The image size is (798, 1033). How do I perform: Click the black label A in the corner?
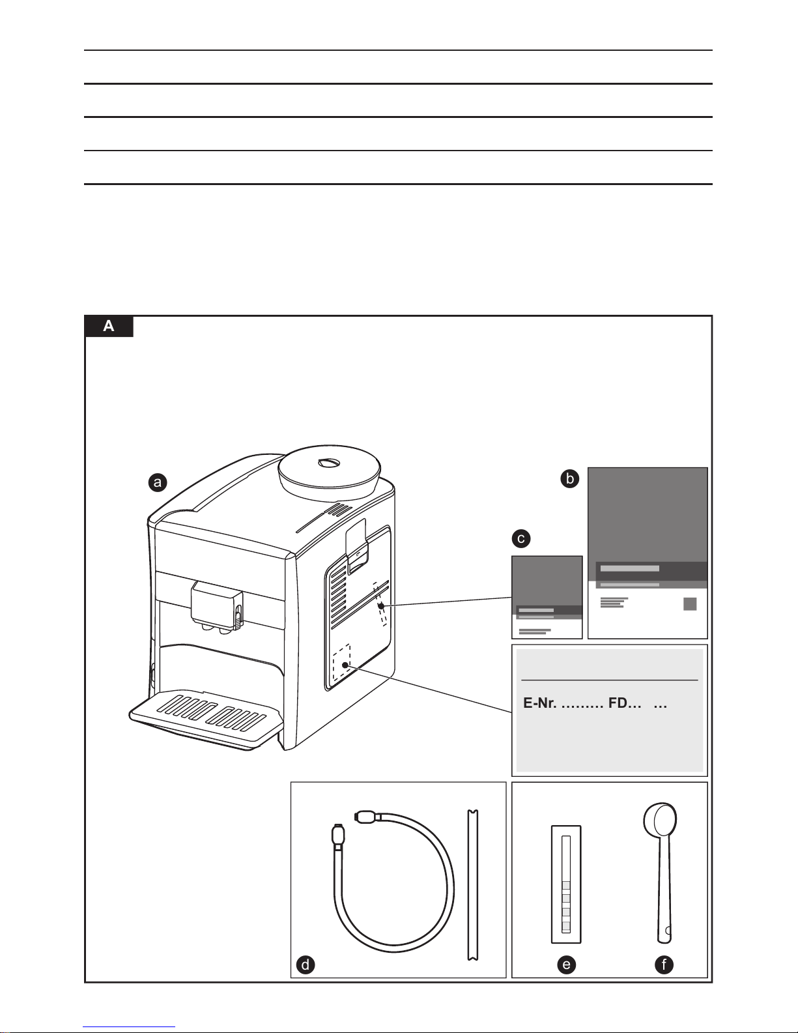point(109,326)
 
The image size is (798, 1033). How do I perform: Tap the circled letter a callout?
point(156,482)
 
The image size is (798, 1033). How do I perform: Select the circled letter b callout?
point(570,479)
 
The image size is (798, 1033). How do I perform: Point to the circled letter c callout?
point(520,539)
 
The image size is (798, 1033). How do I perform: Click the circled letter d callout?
point(305,965)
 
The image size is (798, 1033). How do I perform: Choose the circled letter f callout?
point(664,965)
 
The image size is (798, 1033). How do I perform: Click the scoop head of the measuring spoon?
point(660,822)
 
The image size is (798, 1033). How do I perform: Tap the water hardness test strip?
point(566,884)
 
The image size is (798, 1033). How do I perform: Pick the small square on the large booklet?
point(690,604)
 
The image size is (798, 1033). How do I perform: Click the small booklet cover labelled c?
point(547,596)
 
